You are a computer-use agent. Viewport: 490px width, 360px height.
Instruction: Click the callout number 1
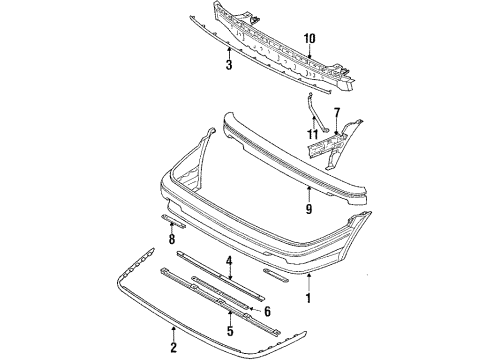click(x=308, y=298)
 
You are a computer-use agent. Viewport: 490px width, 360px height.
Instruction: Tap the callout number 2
click(x=173, y=347)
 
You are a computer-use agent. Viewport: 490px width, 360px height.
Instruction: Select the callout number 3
click(x=229, y=65)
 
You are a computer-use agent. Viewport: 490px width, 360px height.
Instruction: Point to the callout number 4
click(x=230, y=261)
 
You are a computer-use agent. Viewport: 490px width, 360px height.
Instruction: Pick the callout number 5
click(x=230, y=331)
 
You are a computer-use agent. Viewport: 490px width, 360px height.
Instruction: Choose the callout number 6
click(x=267, y=312)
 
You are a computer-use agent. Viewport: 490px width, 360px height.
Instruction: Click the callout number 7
click(x=337, y=114)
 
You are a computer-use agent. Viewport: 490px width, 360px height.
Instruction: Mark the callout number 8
click(x=172, y=239)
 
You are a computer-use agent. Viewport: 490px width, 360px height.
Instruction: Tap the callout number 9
click(x=309, y=209)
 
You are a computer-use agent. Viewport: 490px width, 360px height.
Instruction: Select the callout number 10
click(x=309, y=39)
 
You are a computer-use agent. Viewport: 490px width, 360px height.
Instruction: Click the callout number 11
click(x=313, y=135)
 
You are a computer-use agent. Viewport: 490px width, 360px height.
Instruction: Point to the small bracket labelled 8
click(x=174, y=221)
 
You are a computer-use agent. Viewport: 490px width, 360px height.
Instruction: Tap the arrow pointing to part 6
click(x=255, y=310)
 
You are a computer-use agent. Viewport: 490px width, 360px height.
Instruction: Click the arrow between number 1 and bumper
click(x=309, y=282)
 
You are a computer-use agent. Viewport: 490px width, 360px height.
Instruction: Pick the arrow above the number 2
click(x=173, y=334)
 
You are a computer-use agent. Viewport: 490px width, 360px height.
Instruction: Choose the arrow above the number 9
click(x=309, y=194)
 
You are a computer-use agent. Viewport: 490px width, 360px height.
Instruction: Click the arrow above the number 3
click(x=229, y=53)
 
